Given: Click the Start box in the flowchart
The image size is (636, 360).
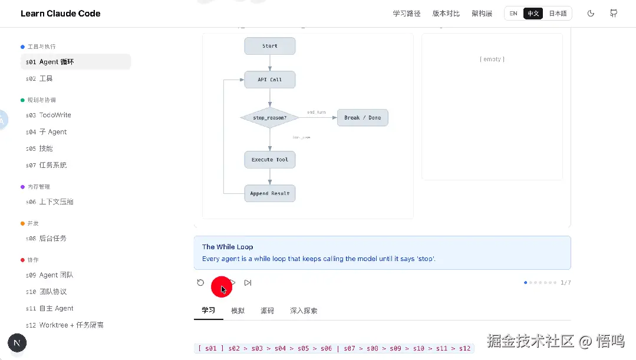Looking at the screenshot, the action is click(270, 46).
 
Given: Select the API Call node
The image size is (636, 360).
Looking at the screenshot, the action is click(270, 80).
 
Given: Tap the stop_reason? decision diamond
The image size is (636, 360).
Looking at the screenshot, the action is click(270, 118).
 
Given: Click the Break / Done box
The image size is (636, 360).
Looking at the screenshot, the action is click(363, 118).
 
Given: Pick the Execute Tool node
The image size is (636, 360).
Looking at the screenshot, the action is click(270, 160).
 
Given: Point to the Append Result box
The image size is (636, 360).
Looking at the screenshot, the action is click(270, 193).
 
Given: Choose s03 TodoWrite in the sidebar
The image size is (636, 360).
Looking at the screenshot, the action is click(48, 115).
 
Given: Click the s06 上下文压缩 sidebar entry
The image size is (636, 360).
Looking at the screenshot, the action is click(50, 202).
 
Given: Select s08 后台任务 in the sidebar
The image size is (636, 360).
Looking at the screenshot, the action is click(46, 238).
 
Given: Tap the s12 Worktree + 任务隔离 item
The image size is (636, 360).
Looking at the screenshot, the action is click(65, 325).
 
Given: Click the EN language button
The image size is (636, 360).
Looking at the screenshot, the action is click(513, 14).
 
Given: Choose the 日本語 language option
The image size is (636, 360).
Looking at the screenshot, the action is click(558, 14).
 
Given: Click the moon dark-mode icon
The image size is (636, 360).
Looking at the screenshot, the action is click(591, 14).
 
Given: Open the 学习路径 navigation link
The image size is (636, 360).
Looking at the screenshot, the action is click(407, 14).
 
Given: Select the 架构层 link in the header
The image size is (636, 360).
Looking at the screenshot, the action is click(482, 14).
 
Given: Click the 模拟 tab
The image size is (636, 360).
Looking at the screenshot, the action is click(238, 311).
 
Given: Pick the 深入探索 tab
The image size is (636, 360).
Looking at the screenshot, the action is click(304, 311).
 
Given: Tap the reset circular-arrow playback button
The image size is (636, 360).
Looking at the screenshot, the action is click(200, 283).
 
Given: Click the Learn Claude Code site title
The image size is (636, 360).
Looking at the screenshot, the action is click(61, 14).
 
